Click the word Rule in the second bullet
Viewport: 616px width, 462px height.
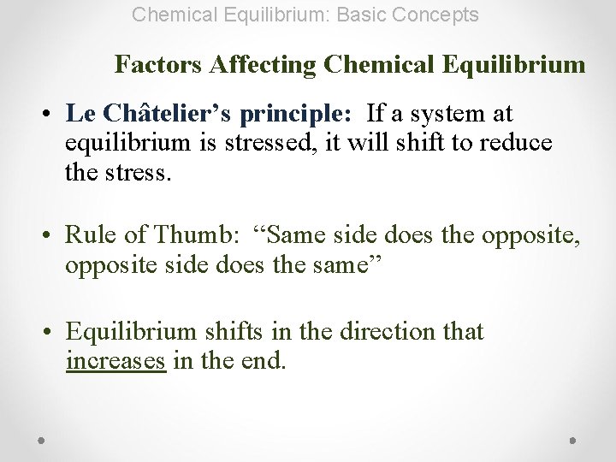click(86, 234)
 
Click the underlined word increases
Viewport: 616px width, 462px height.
click(115, 361)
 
